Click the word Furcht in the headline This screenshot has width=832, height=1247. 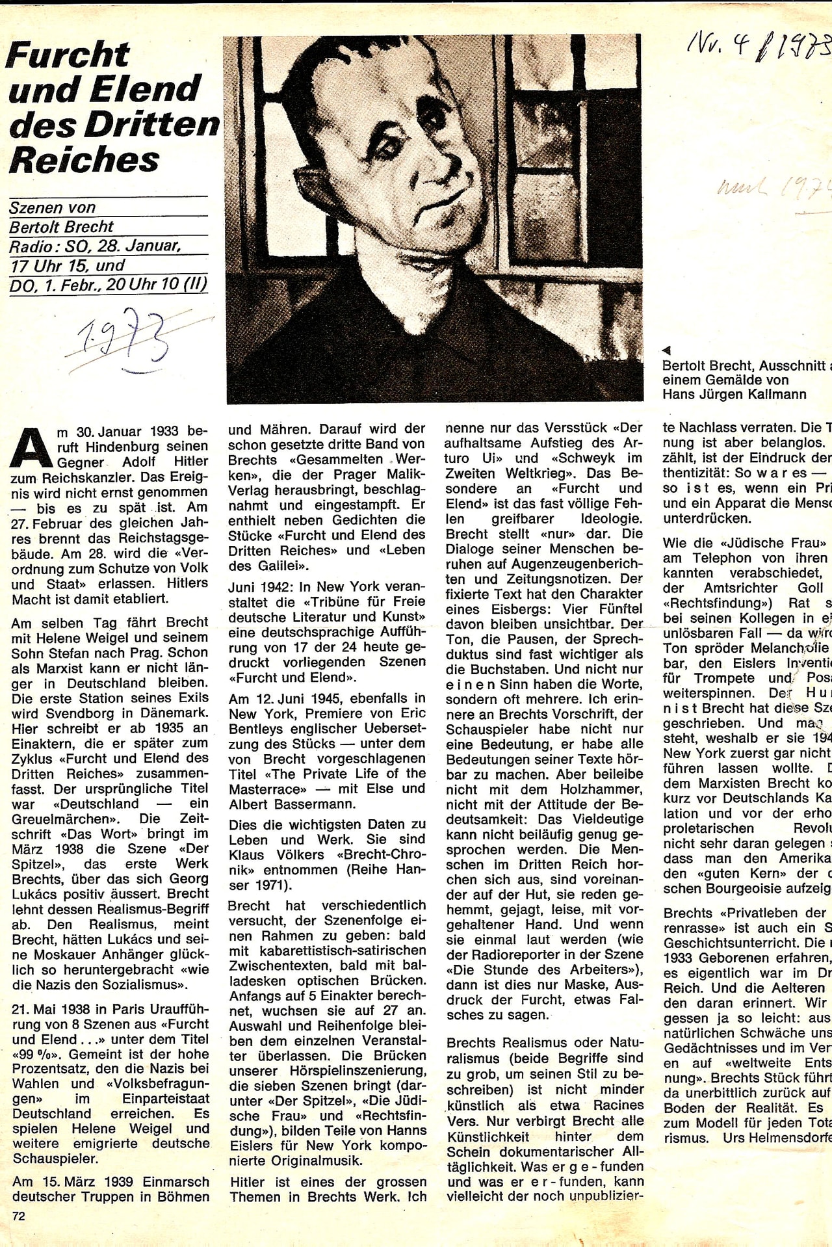(x=68, y=55)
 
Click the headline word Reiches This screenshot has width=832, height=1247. (x=84, y=159)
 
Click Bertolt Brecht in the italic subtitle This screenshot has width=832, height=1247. (x=62, y=227)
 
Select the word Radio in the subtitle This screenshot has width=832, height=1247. (x=31, y=246)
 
